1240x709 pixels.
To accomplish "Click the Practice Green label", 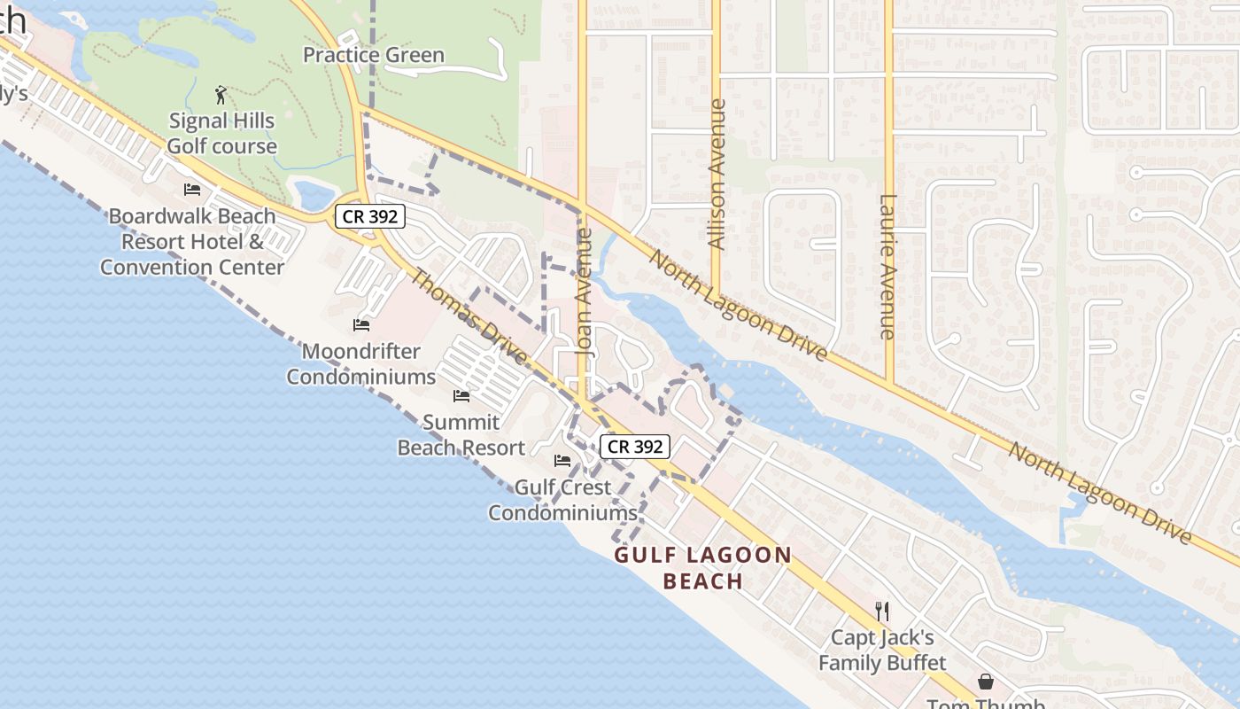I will pyautogui.click(x=373, y=55).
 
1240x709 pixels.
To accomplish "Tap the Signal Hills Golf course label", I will pyautogui.click(x=221, y=133).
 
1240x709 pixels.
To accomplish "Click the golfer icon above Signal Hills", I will pyautogui.click(x=221, y=94).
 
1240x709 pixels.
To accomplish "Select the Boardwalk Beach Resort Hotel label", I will pyautogui.click(x=192, y=241).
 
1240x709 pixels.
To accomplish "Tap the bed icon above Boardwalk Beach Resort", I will pyautogui.click(x=192, y=190).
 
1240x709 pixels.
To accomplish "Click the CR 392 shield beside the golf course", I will pyautogui.click(x=369, y=215).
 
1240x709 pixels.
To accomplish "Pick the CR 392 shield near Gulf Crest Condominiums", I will pyautogui.click(x=635, y=447).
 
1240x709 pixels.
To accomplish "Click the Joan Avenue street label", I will pyautogui.click(x=584, y=292).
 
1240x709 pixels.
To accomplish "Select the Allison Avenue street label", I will pyautogui.click(x=717, y=174).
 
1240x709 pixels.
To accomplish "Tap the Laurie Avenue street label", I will pyautogui.click(x=888, y=266).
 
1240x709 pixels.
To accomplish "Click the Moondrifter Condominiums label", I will pyautogui.click(x=360, y=363).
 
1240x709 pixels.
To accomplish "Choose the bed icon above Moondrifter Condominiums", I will pyautogui.click(x=360, y=325).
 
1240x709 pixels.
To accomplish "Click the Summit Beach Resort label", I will pyautogui.click(x=461, y=434).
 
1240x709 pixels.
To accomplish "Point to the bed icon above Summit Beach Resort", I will pyautogui.click(x=461, y=395).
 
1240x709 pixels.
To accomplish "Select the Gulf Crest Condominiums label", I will pyautogui.click(x=562, y=500).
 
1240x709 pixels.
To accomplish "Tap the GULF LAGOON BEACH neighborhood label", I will pyautogui.click(x=703, y=568).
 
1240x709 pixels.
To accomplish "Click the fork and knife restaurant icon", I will pyautogui.click(x=881, y=612).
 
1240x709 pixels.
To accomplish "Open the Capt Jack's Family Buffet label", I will pyautogui.click(x=881, y=650).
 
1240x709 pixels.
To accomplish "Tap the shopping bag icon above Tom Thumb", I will pyautogui.click(x=985, y=682).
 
